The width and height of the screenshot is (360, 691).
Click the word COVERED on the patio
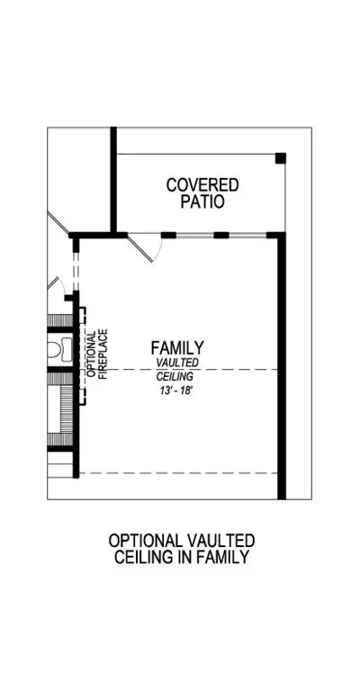click(202, 185)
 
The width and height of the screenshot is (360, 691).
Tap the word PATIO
click(202, 202)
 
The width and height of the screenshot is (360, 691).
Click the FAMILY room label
click(177, 347)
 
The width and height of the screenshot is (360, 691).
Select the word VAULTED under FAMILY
click(177, 362)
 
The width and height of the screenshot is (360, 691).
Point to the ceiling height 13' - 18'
click(177, 390)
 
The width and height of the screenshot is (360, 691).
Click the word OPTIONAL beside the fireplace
click(91, 354)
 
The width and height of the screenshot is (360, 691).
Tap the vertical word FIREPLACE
click(103, 354)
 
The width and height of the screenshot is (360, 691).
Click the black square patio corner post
click(281, 158)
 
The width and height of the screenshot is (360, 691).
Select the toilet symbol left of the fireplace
click(58, 347)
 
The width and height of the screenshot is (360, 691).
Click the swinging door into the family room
click(146, 249)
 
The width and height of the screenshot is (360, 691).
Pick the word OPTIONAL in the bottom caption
click(145, 541)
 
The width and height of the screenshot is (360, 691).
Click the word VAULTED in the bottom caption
click(220, 541)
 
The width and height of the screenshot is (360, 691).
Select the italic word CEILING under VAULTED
click(175, 376)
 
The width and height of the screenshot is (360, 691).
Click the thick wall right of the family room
click(282, 367)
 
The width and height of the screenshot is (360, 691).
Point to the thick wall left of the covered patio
click(113, 180)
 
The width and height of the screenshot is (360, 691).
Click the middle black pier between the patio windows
click(221, 236)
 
